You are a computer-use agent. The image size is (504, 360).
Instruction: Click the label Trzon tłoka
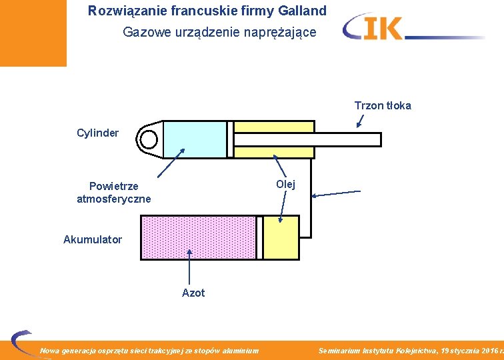tap(383, 105)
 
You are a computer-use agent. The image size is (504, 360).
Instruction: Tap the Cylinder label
tap(98, 133)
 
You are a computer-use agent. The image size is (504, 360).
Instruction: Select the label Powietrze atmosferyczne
tap(114, 192)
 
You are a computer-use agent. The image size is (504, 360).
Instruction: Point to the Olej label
tap(285, 184)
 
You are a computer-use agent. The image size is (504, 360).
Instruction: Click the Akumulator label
tap(93, 239)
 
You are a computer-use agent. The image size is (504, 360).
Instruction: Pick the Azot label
tap(193, 293)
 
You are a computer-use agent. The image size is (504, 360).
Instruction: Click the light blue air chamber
tap(195, 139)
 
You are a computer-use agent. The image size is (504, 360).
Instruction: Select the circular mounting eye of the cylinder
tap(148, 139)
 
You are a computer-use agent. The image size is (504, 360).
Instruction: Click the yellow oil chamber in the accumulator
tap(281, 237)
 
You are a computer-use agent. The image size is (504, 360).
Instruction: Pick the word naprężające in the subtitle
tap(284, 32)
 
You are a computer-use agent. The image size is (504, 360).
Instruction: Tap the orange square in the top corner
tap(33, 33)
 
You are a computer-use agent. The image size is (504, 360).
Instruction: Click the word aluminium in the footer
tap(239, 351)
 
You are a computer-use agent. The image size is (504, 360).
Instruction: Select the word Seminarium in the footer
tap(339, 351)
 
